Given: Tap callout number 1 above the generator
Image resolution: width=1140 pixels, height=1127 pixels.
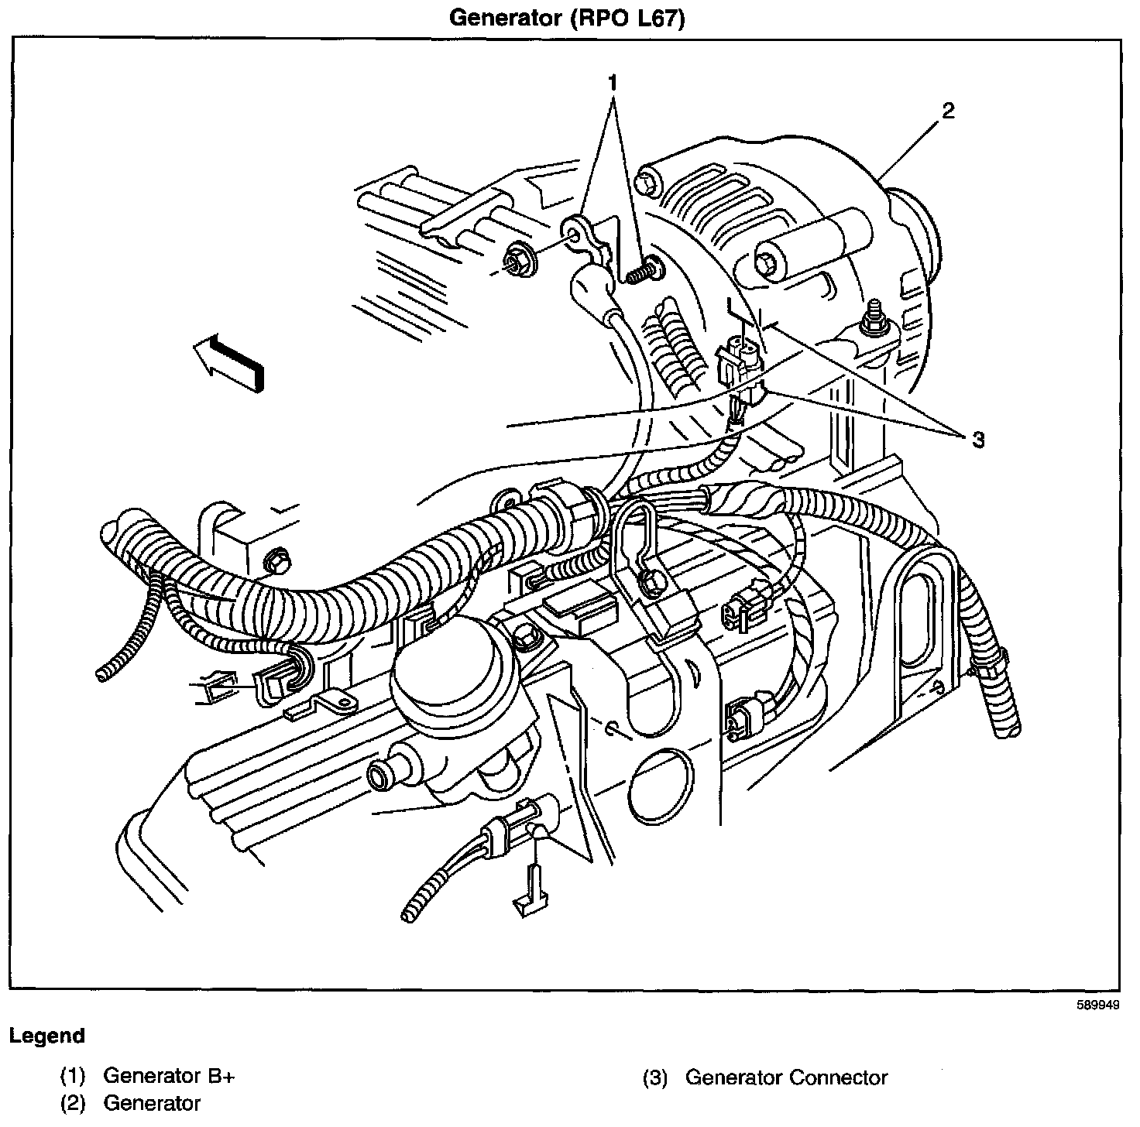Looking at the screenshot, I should tap(613, 81).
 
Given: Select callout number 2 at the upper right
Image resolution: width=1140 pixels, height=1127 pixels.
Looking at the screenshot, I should tap(948, 111).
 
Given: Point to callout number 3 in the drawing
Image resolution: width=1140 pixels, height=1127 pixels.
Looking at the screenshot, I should tap(978, 440).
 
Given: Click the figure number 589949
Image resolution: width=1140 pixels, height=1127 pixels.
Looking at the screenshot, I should tap(1097, 1006).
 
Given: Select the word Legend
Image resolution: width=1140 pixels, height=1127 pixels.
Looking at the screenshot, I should tap(46, 1036).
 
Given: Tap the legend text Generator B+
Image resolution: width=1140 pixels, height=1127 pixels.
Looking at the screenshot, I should tap(168, 1077).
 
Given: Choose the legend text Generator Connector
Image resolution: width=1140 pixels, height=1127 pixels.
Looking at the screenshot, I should tap(786, 1077).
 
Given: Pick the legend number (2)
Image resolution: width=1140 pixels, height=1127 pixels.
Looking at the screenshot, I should tap(73, 1104).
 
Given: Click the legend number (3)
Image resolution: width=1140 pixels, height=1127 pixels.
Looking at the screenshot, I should tap(656, 1077).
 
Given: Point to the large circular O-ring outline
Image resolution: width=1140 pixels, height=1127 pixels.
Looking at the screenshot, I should tap(660, 786).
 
